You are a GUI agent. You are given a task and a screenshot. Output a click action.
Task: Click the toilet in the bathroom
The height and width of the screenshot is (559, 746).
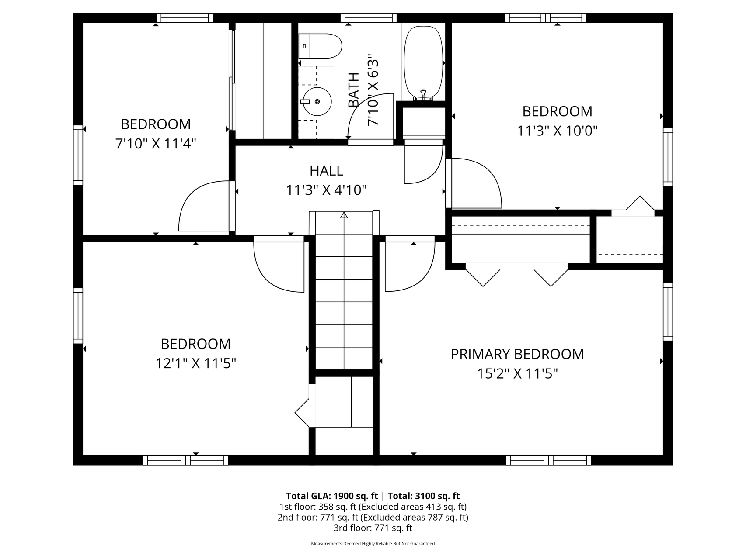320,46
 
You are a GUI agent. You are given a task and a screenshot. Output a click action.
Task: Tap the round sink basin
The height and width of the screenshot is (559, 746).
317,101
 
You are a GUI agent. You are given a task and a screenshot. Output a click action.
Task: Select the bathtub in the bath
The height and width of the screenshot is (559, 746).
423,62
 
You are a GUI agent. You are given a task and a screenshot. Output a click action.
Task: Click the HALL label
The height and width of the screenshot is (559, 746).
326,171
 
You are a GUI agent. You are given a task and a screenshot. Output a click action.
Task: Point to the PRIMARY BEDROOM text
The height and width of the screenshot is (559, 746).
517,354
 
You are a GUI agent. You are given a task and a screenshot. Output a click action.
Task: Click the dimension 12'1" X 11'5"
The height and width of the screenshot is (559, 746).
195,363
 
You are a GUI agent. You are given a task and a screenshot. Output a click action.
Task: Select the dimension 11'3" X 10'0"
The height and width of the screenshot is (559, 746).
557,131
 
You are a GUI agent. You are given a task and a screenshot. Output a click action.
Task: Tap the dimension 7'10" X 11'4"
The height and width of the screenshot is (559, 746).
156,144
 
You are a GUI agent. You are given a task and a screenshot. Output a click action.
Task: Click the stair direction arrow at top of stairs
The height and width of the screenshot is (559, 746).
344,215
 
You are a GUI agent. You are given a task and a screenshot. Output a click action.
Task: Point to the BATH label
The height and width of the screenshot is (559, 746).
353,90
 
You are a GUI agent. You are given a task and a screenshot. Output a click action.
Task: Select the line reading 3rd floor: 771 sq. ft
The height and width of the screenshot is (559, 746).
373,528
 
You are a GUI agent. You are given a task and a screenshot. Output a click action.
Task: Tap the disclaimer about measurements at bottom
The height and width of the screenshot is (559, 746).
373,544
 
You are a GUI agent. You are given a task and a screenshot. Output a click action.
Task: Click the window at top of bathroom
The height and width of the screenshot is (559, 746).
369,18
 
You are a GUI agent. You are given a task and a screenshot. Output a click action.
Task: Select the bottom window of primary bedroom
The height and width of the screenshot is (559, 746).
548,460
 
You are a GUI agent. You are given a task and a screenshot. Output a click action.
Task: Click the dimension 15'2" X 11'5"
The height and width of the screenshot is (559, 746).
517,374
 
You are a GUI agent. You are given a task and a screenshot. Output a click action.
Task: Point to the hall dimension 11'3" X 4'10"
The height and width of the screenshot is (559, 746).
326,190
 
